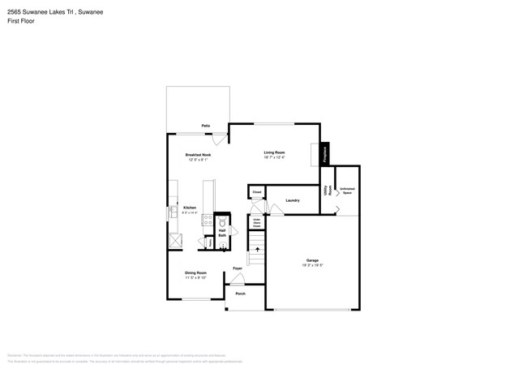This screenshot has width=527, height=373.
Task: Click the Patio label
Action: click(206, 126)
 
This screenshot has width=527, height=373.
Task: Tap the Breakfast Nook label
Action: click(198, 154)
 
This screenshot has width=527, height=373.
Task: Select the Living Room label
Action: click(274, 152)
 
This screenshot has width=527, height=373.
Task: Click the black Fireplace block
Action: click(326, 154)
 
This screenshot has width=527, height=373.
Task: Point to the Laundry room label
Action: click(293, 200)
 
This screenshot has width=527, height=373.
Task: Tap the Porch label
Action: click(240, 294)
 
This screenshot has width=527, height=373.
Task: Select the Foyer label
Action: click(238, 268)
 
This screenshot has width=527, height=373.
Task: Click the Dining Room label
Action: click(195, 273)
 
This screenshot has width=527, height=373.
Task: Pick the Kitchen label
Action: click(189, 208)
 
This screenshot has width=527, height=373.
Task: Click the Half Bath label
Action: click(222, 233)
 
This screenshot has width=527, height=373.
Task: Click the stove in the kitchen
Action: click(208, 219)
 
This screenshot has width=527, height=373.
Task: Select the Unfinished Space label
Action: click(347, 191)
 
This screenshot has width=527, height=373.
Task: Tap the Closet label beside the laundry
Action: click(256, 192)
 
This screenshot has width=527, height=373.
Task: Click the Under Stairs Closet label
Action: click(256, 223)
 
